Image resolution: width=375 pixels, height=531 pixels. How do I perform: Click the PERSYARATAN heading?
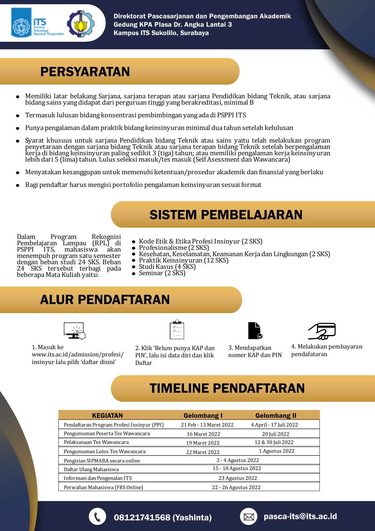point(85,72)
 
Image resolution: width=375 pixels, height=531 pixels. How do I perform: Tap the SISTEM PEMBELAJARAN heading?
point(226,215)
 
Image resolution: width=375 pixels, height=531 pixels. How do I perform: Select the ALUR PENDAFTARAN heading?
point(105,300)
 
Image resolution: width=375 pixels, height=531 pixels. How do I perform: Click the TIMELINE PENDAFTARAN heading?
point(227,388)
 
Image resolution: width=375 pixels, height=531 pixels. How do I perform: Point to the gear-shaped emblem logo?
point(80,24)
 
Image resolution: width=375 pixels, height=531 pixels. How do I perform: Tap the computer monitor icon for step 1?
point(75,330)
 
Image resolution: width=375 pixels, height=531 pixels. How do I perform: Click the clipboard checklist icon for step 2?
point(177,329)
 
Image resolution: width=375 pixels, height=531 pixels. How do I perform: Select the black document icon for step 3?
point(255,330)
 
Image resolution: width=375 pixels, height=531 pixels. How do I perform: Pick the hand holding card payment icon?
point(322,331)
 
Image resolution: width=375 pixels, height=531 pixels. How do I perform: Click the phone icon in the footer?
point(97,516)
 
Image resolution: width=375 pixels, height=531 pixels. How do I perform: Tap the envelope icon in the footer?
point(249,516)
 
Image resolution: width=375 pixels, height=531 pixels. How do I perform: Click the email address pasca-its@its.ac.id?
point(300,516)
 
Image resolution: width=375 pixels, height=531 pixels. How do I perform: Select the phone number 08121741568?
point(142,517)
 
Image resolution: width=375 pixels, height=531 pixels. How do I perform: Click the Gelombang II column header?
point(276,415)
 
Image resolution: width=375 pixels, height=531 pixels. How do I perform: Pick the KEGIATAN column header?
point(107,415)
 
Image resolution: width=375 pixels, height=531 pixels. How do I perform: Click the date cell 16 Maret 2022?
point(204,434)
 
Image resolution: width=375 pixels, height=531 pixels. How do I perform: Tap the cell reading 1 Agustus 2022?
point(276,451)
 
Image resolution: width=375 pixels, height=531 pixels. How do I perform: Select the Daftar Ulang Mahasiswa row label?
point(91,470)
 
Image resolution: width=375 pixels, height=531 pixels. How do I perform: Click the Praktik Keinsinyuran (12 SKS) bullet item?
point(184,261)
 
